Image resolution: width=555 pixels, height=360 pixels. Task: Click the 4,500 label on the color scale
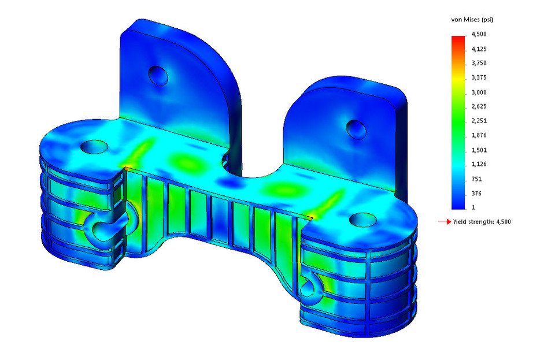point(480,35)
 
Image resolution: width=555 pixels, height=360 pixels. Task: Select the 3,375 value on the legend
point(480,78)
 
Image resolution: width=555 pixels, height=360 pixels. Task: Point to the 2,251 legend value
point(480,121)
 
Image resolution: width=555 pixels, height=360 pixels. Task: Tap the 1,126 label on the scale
point(480,164)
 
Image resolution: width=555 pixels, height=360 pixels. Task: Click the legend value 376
point(477,193)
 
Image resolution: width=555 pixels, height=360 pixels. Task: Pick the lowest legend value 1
point(473,207)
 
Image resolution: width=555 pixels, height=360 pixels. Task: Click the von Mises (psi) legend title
point(472,20)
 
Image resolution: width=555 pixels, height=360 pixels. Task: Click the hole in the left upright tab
point(158,75)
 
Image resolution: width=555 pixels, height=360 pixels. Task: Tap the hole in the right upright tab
point(354,128)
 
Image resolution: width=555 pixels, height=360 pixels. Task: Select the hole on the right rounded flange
point(362,219)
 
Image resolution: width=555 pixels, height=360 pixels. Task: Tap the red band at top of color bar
point(458,38)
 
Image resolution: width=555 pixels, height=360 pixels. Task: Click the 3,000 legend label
point(480,92)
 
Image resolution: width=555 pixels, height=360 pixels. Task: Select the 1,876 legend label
point(480,135)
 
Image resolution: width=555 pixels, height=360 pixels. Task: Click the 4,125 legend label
point(480,49)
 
